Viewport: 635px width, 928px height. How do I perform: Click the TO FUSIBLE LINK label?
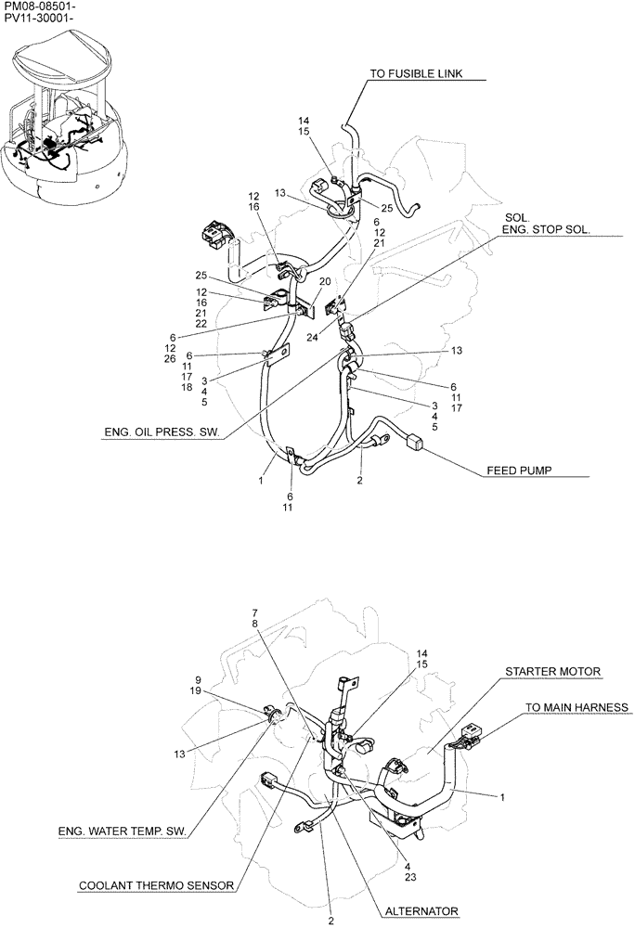pos(428,74)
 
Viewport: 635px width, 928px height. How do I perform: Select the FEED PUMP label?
pos(519,470)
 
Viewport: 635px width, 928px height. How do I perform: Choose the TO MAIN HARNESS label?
pos(577,708)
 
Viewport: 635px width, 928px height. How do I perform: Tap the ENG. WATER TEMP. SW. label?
pos(122,831)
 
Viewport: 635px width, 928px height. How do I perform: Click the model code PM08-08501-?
pos(40,6)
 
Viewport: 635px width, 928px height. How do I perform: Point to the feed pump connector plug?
pos(418,443)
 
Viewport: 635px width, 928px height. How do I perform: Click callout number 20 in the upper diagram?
pos(325,282)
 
